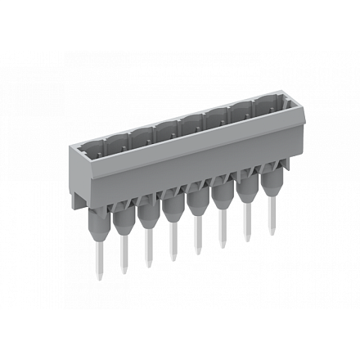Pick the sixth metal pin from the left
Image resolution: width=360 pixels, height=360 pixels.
223,230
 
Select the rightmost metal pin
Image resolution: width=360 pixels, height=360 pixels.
272,217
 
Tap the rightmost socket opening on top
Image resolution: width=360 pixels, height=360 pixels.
267,105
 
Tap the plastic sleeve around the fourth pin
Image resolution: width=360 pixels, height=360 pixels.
172,204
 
